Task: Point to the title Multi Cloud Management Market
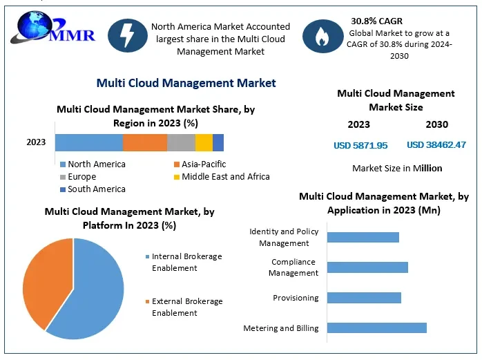click(x=186, y=83)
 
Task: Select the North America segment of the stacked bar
click(x=88, y=142)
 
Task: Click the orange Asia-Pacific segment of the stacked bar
click(x=145, y=142)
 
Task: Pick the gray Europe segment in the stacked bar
click(x=181, y=142)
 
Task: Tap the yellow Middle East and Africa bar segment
click(x=204, y=142)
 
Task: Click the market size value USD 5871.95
click(x=360, y=145)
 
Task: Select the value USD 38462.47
click(x=436, y=145)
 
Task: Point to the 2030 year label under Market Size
click(x=436, y=124)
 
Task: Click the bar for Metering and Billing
click(x=376, y=328)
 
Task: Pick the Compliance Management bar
click(x=367, y=267)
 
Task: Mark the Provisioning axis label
click(x=295, y=298)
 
